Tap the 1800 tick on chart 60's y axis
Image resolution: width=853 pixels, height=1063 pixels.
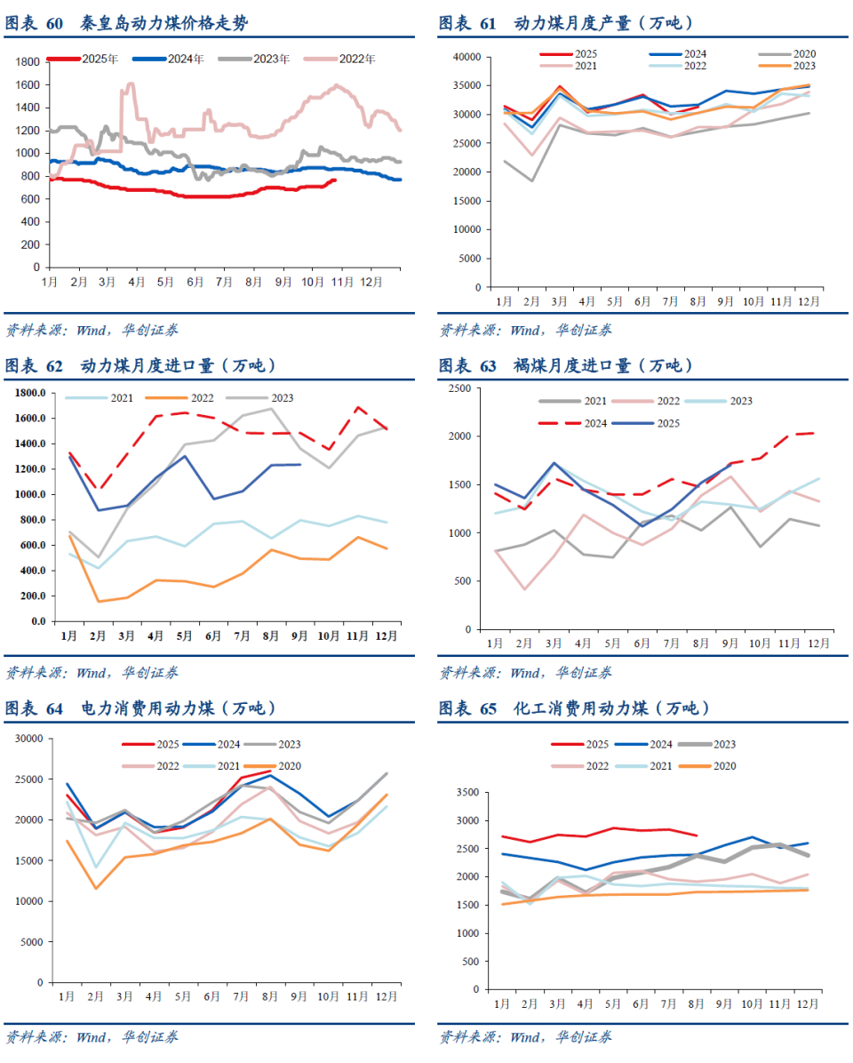point(28,61)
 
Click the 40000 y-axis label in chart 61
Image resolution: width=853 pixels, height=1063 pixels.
point(466,57)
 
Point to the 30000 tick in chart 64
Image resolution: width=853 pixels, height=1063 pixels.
point(28,738)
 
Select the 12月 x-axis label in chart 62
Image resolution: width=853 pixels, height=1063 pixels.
point(386,635)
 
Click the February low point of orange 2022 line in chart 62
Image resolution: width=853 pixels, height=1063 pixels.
point(99,602)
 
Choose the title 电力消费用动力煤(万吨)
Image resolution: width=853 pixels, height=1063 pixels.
point(178,708)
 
